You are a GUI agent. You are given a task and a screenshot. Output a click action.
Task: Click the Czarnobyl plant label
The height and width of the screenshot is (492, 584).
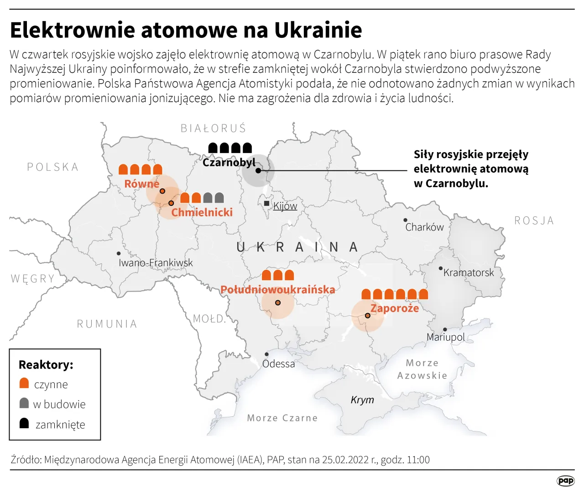tap(229, 163)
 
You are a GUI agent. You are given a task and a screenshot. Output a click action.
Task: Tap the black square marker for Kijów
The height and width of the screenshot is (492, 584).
tap(266, 203)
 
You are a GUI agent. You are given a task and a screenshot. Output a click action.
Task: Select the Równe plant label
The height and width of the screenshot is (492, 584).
tap(142, 184)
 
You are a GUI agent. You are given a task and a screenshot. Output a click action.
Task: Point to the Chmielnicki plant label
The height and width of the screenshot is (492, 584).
tap(202, 212)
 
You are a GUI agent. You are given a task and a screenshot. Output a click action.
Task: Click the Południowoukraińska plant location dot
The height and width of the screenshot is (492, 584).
tap(278, 302)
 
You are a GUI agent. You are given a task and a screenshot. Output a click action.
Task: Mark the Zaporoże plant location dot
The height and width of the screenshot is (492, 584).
tap(368, 315)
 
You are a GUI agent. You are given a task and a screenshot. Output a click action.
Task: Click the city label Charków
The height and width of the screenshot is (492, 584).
tap(424, 227)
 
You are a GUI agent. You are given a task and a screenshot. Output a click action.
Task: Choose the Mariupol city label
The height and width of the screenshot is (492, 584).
tap(445, 337)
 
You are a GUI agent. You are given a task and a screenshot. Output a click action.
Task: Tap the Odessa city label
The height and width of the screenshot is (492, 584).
tap(278, 364)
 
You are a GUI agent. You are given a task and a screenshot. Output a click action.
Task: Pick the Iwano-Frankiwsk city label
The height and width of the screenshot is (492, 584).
tap(156, 263)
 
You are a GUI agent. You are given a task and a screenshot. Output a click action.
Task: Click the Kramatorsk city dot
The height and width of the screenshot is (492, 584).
tap(440, 269)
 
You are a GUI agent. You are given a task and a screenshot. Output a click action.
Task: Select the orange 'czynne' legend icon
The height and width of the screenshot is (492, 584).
tap(24, 383)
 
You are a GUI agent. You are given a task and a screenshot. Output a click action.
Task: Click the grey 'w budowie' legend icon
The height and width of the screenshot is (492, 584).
tap(24, 403)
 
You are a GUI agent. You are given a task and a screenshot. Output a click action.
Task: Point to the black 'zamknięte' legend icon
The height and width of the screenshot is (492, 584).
tap(24, 423)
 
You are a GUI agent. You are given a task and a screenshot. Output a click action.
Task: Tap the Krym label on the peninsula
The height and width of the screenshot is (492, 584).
tap(362, 400)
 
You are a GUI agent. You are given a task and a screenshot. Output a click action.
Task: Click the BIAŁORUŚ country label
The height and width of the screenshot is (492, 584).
tap(214, 128)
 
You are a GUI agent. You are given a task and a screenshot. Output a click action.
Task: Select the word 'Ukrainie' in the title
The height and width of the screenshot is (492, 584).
tap(318, 30)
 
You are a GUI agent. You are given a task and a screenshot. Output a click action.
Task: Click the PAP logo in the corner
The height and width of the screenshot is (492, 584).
tap(566, 481)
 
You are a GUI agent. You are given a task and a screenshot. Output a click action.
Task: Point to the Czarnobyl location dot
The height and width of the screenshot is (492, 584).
tap(258, 170)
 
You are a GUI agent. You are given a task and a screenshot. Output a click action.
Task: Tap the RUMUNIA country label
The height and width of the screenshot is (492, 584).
tap(107, 324)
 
